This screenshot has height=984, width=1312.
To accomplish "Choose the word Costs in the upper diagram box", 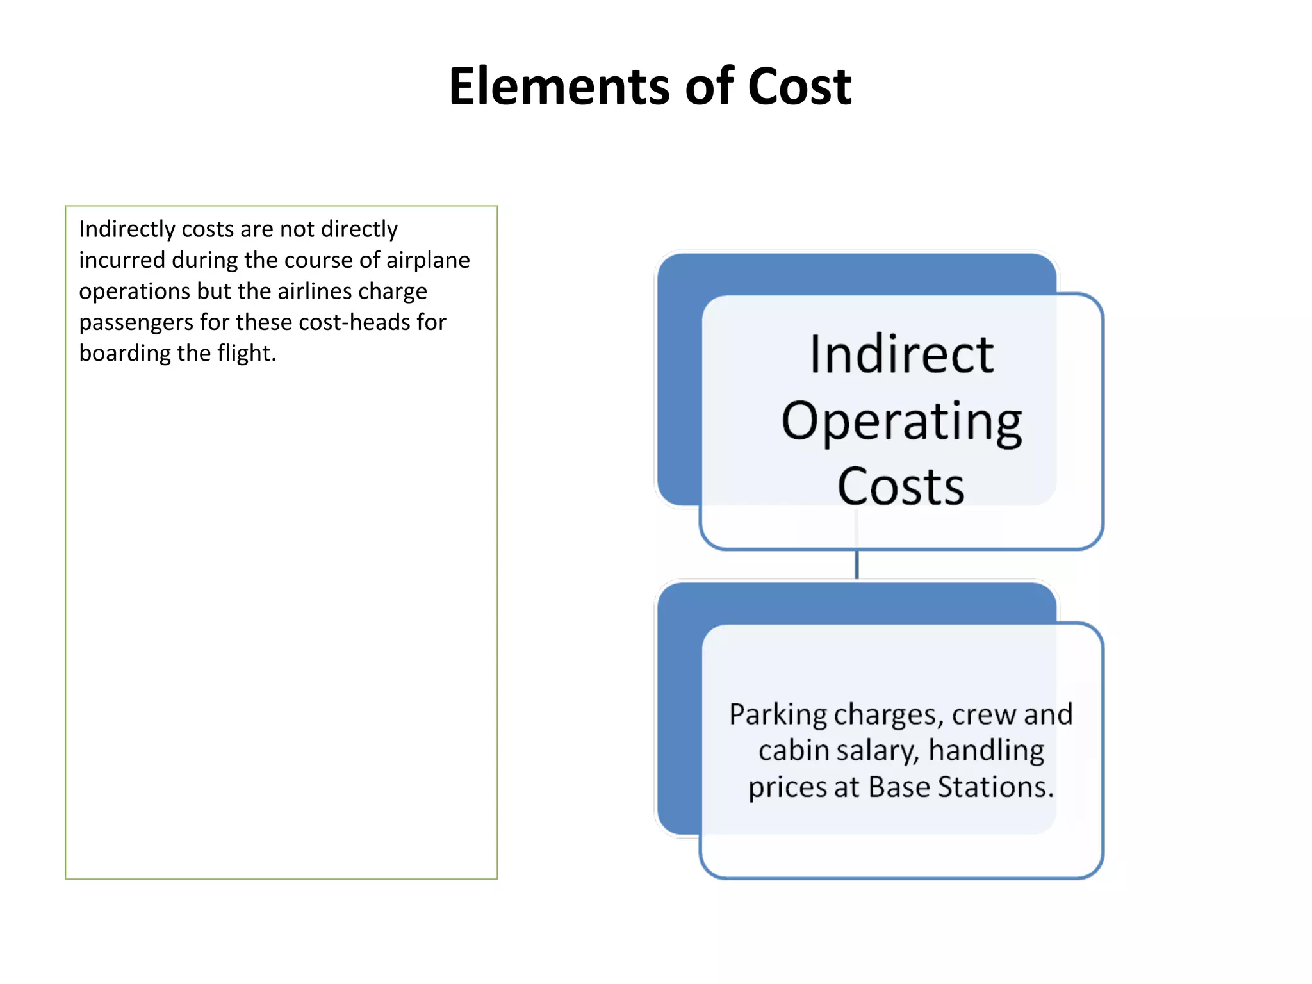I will point(901,487).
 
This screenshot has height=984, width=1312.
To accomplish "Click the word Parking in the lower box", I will point(778,715).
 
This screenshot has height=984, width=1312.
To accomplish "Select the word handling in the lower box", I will point(986,751).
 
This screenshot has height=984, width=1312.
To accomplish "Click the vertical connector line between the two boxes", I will point(857,564).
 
